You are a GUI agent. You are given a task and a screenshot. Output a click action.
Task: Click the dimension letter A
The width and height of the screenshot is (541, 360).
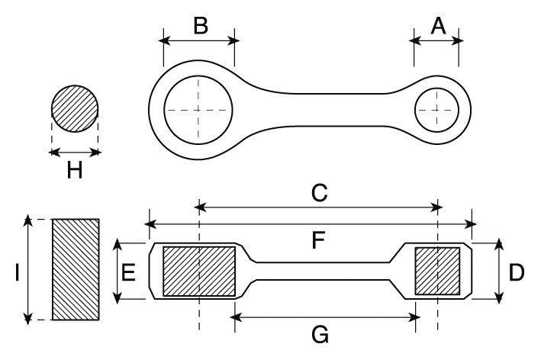coord(437,25)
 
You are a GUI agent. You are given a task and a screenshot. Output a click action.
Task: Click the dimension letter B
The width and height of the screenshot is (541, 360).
coord(199,25)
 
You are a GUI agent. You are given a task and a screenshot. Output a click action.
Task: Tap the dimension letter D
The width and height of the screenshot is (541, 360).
coord(517,272)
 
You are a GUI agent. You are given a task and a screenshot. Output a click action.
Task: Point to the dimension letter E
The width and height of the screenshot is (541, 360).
coord(130,272)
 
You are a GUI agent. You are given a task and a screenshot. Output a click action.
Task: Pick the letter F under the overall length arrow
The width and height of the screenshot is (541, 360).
coord(318,242)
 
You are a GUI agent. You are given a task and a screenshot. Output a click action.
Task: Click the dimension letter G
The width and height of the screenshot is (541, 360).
coord(320,333)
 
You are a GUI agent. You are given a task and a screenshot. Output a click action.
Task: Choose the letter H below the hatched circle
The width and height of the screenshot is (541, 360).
coord(74,170)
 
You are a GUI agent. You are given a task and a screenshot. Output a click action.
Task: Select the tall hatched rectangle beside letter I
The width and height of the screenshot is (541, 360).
coord(75,269)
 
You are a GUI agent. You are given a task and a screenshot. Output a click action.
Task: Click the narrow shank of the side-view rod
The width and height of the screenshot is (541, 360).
coord(320,271)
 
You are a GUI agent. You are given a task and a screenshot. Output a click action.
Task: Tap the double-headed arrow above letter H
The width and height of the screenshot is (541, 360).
coord(74,153)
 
